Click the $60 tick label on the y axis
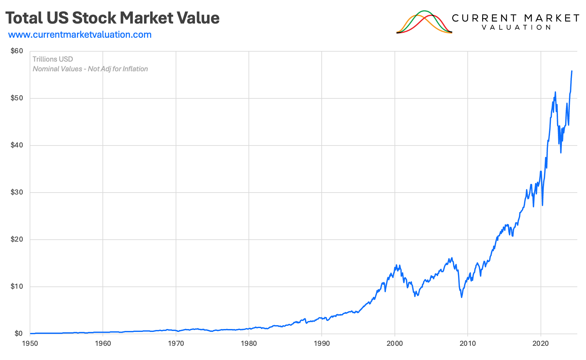[x=17, y=51]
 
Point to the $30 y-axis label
[x=17, y=192]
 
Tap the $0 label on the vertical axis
[x=18, y=334]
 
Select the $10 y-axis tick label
[x=17, y=286]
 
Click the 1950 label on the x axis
[x=30, y=344]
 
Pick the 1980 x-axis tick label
[x=249, y=344]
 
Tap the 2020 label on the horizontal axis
[x=541, y=344]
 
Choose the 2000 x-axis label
[x=395, y=344]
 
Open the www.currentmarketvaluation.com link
[x=80, y=35]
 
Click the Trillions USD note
[x=53, y=59]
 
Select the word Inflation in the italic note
[x=135, y=69]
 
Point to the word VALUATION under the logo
[x=516, y=28]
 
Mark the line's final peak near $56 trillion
[x=572, y=71]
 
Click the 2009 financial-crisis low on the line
[x=462, y=297]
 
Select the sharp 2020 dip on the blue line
[x=542, y=205]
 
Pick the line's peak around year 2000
[x=396, y=265]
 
